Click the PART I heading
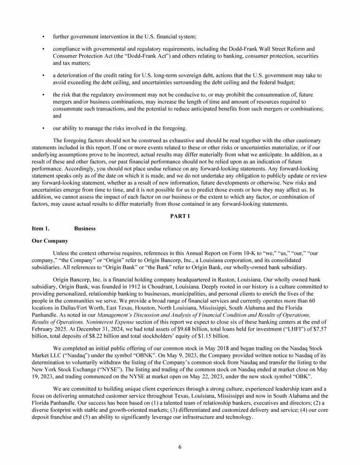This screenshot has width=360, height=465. (180, 216)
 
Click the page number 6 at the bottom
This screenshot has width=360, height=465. (180, 447)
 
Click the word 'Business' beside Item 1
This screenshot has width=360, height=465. (85, 229)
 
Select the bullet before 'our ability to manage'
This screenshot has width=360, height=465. (43, 128)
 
